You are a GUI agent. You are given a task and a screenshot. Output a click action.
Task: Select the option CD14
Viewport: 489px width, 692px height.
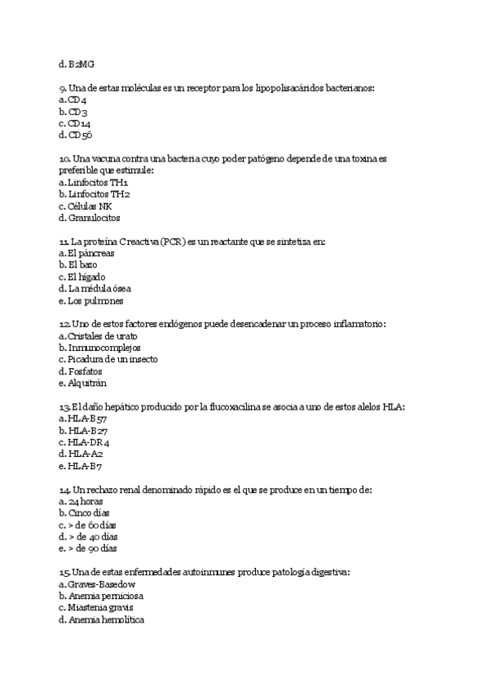(x=79, y=123)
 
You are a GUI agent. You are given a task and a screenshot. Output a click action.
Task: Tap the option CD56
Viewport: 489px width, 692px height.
(x=80, y=135)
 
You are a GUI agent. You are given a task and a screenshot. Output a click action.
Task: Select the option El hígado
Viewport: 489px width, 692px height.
(x=88, y=277)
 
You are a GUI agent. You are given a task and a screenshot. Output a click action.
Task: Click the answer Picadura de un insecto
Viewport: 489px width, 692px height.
(x=112, y=360)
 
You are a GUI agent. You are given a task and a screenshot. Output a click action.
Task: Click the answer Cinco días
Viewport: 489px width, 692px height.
(x=86, y=513)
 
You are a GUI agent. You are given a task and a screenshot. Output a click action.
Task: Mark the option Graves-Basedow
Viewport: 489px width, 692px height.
(x=101, y=584)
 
